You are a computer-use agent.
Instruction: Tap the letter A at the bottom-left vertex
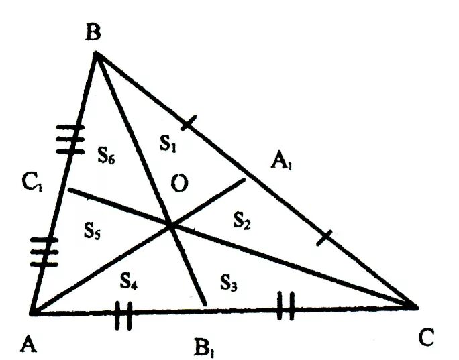pos(28,344)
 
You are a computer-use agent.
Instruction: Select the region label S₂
pos(243,218)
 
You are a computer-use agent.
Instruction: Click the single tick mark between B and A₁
pos(189,123)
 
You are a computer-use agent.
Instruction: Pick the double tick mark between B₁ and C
pos(285,310)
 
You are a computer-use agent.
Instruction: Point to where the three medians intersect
pos(172,227)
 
